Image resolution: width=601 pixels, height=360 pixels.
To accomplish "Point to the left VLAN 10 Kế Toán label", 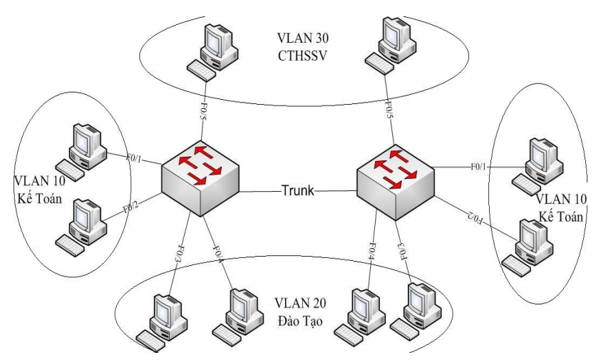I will (x=45, y=187).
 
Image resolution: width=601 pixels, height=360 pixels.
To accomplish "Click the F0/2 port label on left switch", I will (x=130, y=209).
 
